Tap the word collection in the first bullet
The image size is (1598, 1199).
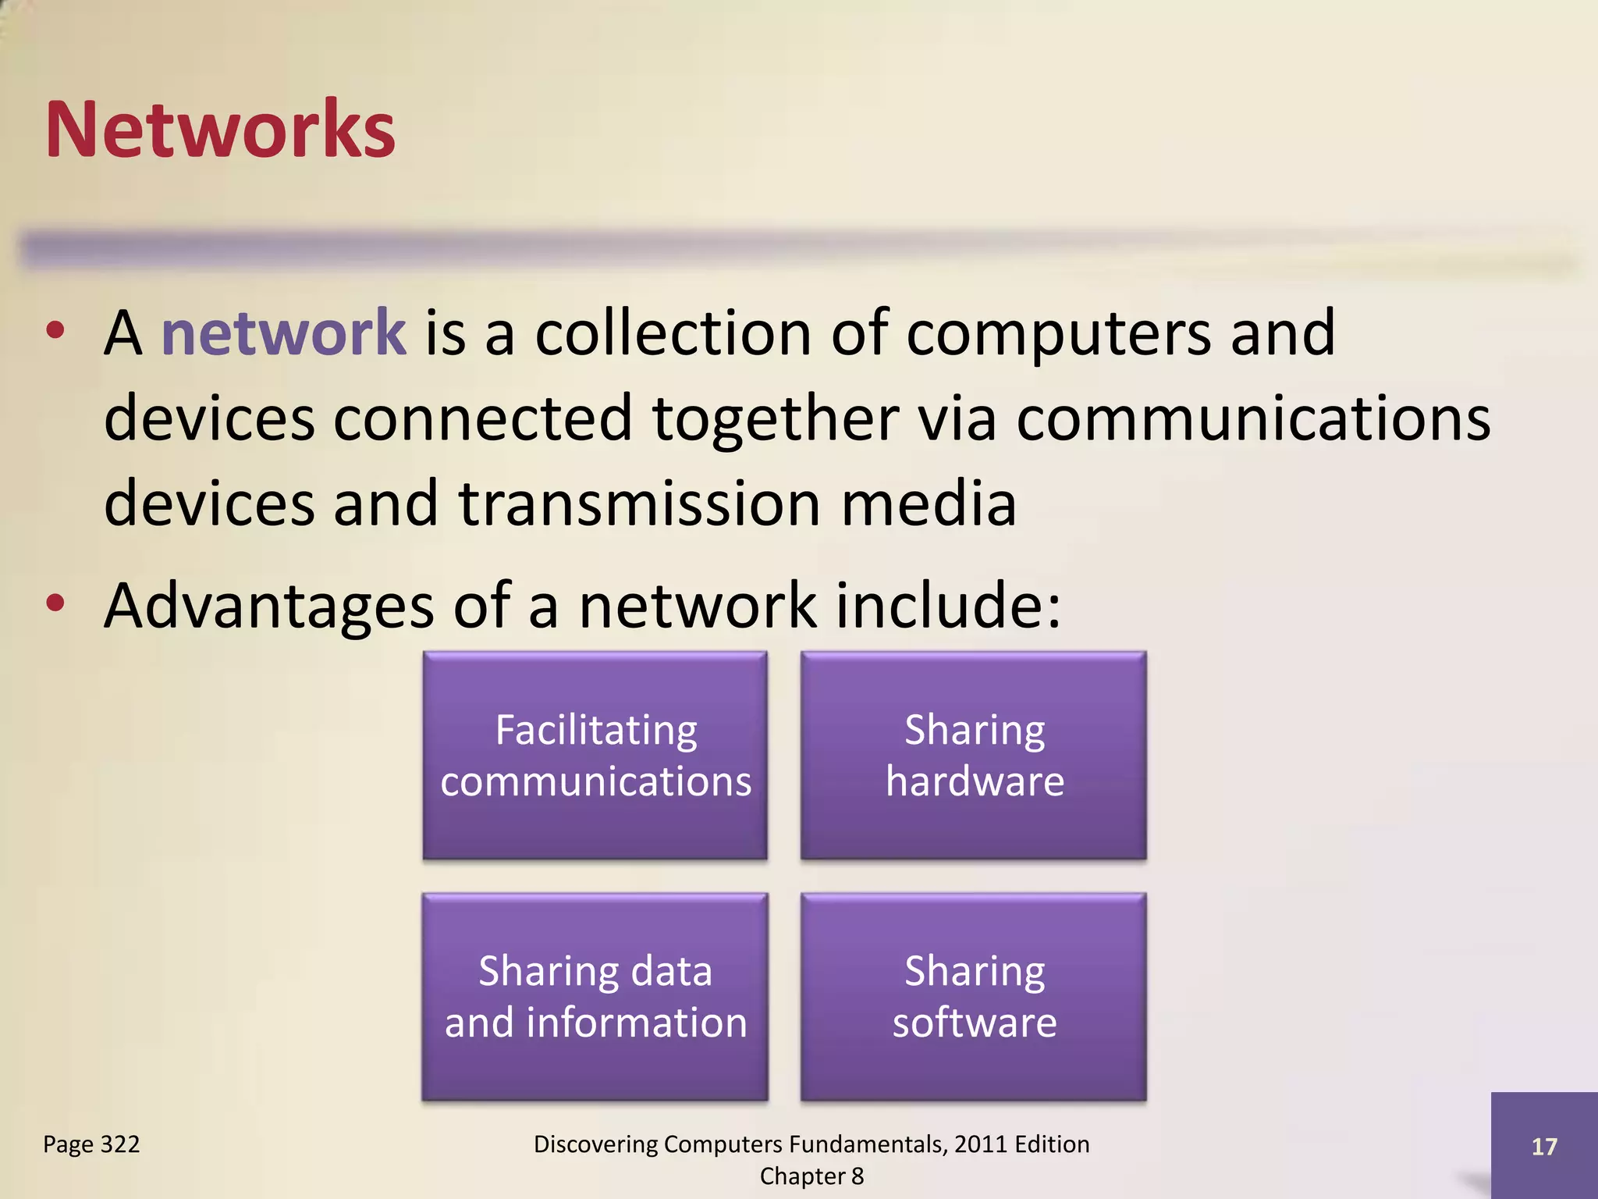673,333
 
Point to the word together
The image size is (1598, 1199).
776,420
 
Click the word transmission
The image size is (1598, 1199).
639,503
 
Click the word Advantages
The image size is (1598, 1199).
268,607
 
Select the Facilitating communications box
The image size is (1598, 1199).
595,755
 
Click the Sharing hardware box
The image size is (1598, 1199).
974,755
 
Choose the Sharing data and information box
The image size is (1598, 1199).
595,997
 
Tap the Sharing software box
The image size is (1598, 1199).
974,997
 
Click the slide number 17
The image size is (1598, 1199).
1544,1146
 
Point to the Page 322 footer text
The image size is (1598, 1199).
91,1144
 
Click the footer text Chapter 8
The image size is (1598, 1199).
811,1176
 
